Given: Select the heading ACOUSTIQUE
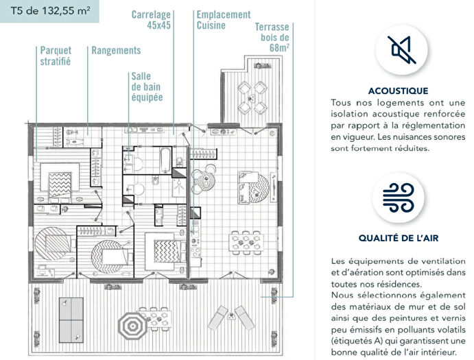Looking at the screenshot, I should pyautogui.click(x=398, y=91).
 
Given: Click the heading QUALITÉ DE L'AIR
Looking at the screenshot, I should pyautogui.click(x=398, y=239).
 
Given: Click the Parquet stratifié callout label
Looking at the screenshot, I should pyautogui.click(x=56, y=56).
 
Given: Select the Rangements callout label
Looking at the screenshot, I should pyautogui.click(x=116, y=51).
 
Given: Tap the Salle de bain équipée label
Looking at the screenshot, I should pyautogui.click(x=147, y=87).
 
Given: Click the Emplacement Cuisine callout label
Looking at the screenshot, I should pyautogui.click(x=223, y=20).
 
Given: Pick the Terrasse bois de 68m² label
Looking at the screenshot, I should pyautogui.click(x=272, y=38).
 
